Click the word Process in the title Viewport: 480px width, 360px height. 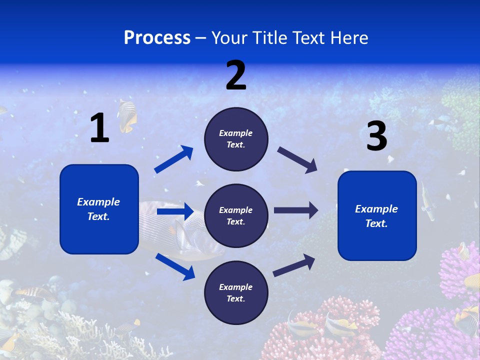(x=157, y=38)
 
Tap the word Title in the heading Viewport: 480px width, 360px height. (x=268, y=38)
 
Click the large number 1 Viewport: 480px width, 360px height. (x=99, y=128)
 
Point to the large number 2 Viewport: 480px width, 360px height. (x=236, y=75)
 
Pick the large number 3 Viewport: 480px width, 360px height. (x=376, y=136)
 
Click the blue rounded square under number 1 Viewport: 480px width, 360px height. (x=99, y=209)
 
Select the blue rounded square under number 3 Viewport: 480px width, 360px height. (x=377, y=215)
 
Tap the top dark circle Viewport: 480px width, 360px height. (x=236, y=139)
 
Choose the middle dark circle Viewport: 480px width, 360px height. (x=236, y=215)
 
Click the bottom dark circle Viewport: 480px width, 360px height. (x=236, y=292)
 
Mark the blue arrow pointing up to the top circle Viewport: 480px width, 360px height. (x=174, y=159)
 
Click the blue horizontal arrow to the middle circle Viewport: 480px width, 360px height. (x=175, y=212)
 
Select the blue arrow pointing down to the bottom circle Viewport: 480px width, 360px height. (x=175, y=266)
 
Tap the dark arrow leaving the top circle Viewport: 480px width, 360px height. (x=297, y=159)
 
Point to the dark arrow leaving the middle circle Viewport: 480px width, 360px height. (x=296, y=210)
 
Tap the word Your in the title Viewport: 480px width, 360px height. (x=228, y=38)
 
